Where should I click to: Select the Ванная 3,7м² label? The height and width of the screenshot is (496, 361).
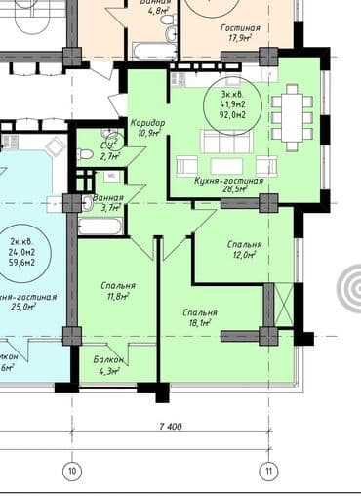(x=106, y=201)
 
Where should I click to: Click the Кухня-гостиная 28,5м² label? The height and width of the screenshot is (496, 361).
(x=229, y=186)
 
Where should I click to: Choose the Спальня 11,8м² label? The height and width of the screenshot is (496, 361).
(x=117, y=291)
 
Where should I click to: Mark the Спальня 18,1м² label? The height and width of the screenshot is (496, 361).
(x=200, y=317)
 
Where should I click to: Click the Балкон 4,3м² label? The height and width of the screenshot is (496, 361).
(x=107, y=364)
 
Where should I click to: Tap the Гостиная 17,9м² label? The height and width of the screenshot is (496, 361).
(x=239, y=34)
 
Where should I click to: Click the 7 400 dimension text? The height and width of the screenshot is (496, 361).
(x=169, y=426)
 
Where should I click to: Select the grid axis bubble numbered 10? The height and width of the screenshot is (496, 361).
(x=70, y=472)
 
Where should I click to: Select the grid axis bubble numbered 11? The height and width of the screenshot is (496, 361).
(x=267, y=472)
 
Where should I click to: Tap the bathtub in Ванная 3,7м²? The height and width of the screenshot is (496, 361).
(x=99, y=227)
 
